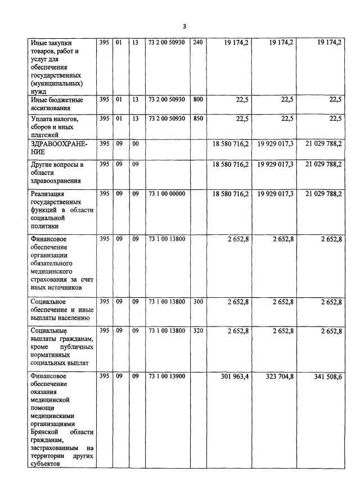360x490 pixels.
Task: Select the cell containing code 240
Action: pyautogui.click(x=197, y=42)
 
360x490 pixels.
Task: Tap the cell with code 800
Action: pyautogui.click(x=197, y=99)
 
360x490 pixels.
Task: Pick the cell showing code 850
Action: pyautogui.click(x=197, y=119)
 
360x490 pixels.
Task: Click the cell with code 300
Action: pyautogui.click(x=197, y=301)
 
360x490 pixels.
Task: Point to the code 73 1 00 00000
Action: pyautogui.click(x=166, y=193)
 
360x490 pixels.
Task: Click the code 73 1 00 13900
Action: pyautogui.click(x=166, y=375)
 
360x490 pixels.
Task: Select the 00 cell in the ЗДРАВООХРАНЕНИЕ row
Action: pyautogui.click(x=136, y=144)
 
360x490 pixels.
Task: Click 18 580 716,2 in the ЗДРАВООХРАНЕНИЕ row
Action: pyautogui.click(x=231, y=144)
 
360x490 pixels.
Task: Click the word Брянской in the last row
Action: pyautogui.click(x=46, y=432)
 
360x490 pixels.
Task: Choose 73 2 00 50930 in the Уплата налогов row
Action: pyautogui.click(x=166, y=119)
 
